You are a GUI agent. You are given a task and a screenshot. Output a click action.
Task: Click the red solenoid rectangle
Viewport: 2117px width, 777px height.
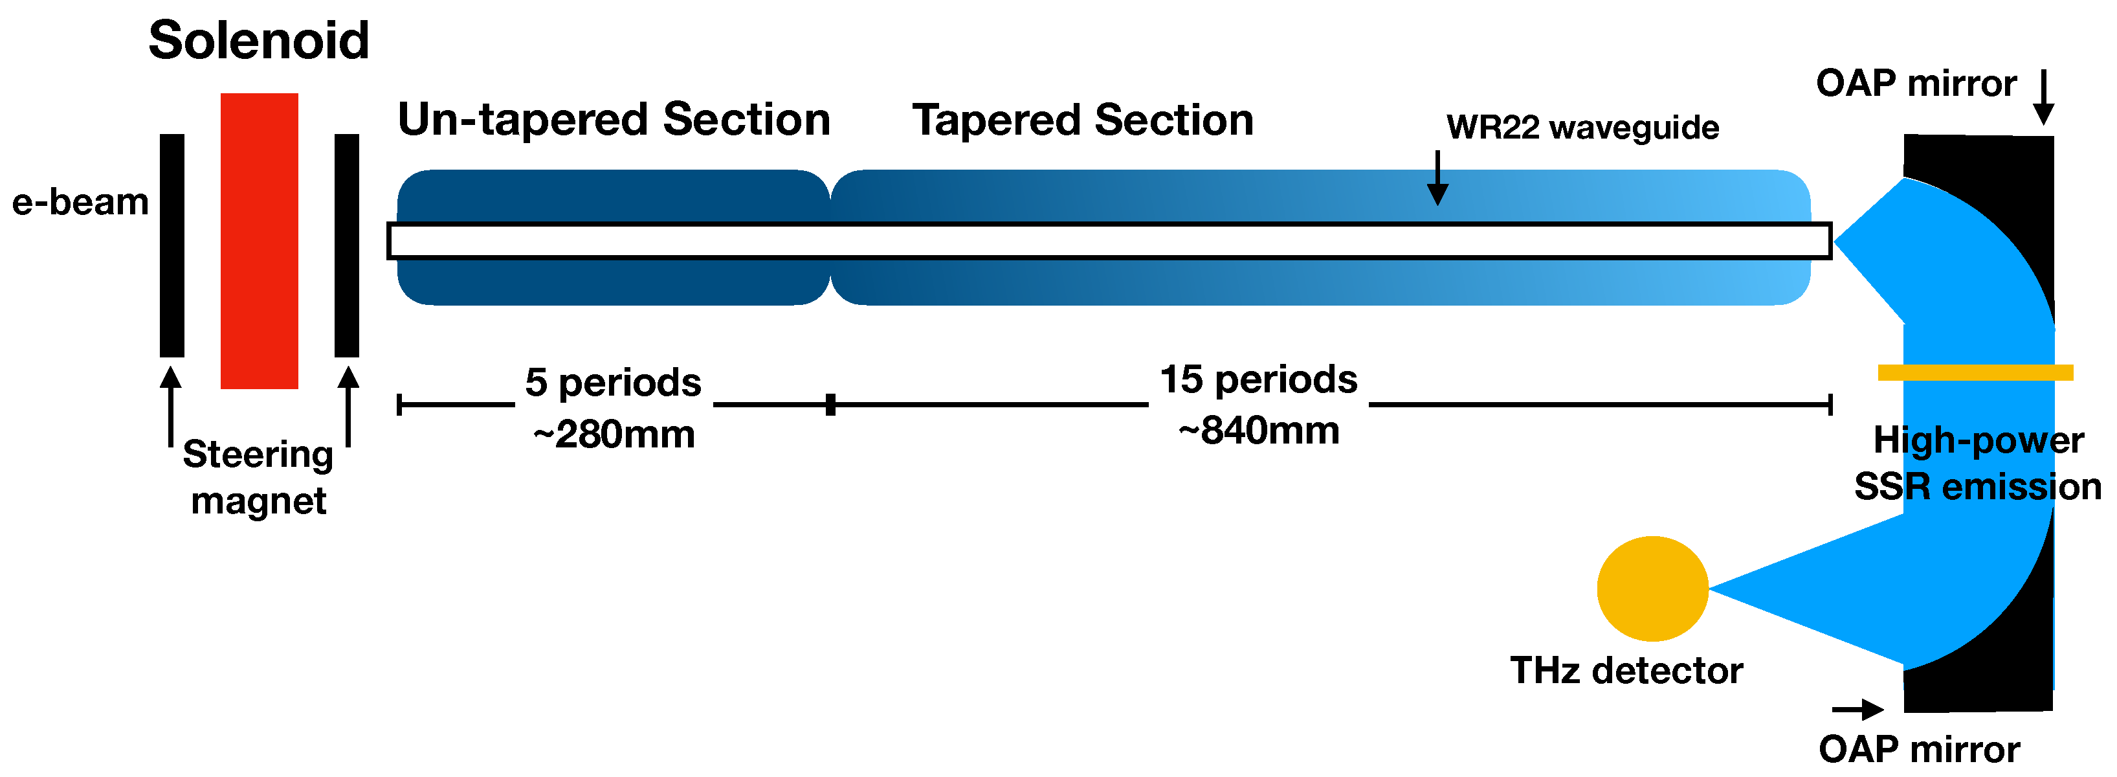259,240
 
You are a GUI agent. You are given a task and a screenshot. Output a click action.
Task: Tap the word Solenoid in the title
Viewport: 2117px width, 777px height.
258,40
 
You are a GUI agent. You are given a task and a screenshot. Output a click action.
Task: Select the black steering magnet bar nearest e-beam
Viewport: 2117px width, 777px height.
172,245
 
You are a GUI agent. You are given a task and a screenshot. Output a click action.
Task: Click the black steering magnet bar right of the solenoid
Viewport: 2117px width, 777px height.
346,245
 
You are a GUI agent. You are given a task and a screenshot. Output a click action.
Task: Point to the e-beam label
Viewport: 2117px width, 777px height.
80,202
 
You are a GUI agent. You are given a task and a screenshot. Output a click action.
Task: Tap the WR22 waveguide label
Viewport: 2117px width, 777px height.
1582,128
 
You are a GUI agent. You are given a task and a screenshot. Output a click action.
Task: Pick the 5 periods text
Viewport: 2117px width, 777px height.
613,382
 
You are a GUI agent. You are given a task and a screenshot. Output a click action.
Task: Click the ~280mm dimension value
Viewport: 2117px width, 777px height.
613,434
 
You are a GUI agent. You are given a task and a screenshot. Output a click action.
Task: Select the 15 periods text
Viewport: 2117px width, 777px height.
1258,380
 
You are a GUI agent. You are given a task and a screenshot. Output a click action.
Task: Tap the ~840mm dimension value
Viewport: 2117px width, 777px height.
1258,431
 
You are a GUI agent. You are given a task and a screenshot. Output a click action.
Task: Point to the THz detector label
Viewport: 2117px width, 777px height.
1626,671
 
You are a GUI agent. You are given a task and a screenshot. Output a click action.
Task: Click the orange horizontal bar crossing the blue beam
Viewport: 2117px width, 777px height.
1975,372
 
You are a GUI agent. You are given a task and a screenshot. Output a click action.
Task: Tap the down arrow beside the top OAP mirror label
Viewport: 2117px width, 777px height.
2043,98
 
